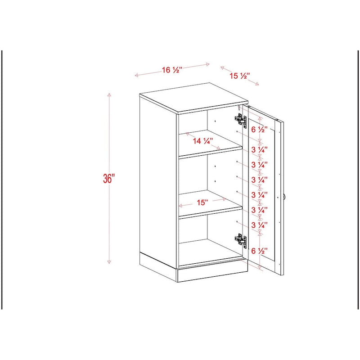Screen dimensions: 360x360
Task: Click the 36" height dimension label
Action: (109, 178)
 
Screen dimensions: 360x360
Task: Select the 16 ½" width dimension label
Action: (171, 70)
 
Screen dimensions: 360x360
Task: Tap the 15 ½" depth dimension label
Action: (239, 76)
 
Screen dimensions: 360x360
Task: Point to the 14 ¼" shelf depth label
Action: (202, 141)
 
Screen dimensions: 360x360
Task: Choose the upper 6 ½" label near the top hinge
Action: (259, 130)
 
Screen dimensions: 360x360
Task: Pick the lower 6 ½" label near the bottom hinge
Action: (259, 251)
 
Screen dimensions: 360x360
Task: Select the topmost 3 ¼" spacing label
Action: (259, 148)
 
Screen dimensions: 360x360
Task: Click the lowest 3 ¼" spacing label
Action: (259, 225)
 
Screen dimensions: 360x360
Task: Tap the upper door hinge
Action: (241, 120)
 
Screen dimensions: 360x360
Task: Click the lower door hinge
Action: (241, 241)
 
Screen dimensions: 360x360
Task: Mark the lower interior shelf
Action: (209, 211)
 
